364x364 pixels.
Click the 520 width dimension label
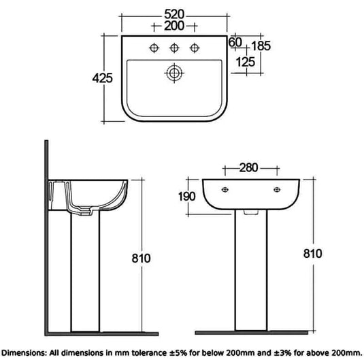coord(176,14)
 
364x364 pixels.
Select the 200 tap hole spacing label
coord(176,27)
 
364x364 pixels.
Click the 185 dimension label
coord(261,46)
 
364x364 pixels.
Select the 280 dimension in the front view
coord(249,168)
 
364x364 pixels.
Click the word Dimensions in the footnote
coord(29,354)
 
